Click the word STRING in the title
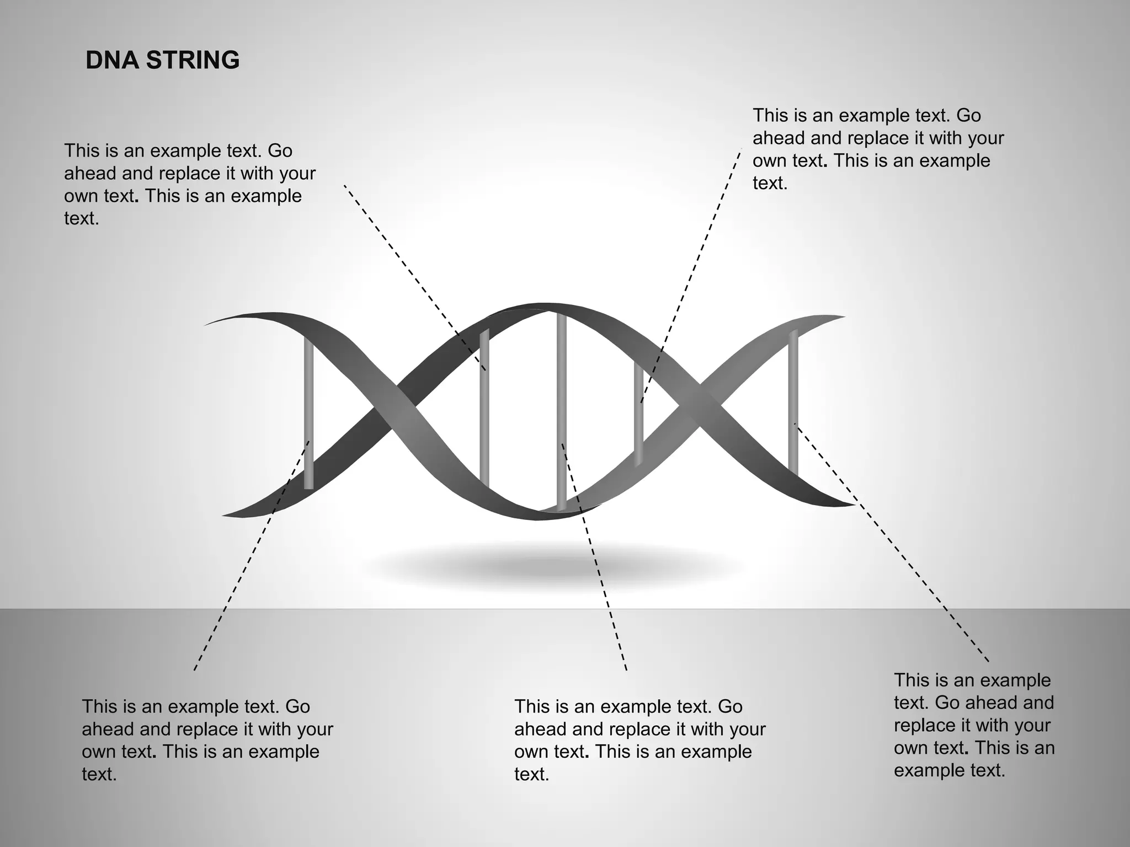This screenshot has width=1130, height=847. coord(193,60)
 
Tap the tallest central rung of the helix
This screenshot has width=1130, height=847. coord(561,408)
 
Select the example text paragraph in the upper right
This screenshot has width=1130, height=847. coord(877,149)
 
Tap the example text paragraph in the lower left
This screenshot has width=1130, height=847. coord(207,740)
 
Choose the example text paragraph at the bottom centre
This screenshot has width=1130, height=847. coord(639,740)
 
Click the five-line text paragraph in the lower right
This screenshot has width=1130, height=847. coord(974,725)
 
